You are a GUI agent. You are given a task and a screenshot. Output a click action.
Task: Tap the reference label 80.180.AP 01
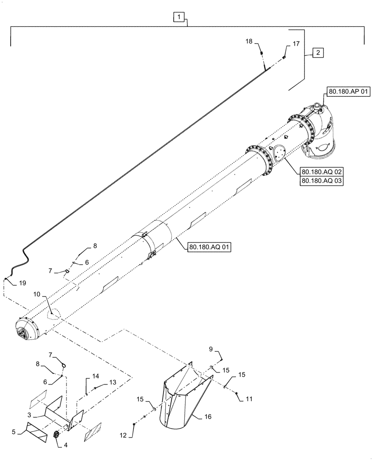pos(349,92)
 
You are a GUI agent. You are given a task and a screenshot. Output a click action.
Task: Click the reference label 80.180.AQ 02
pos(321,171)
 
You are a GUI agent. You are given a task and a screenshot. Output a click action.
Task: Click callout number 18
pos(248,41)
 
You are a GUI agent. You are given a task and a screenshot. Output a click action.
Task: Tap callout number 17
pos(296,44)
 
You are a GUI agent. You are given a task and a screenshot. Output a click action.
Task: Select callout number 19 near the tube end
pos(22,283)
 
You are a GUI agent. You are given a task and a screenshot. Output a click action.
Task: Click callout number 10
pos(36,293)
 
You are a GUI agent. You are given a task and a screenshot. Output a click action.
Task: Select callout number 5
pos(14,432)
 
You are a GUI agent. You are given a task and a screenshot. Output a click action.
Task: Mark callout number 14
pos(96,377)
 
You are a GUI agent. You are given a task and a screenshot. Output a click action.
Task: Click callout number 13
pos(112,383)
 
